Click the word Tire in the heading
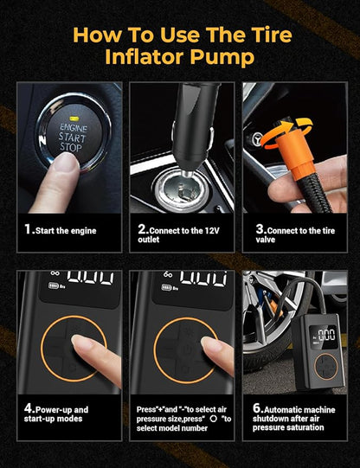click(272, 35)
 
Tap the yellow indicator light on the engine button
click(74, 119)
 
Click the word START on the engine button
click(72, 138)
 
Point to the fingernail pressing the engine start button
click(67, 162)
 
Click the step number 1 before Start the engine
click(28, 229)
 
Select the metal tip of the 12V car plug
click(188, 172)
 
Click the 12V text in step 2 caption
click(212, 231)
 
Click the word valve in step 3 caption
click(265, 240)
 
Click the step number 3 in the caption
click(260, 229)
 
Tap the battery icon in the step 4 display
click(54, 286)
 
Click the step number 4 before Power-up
click(28, 408)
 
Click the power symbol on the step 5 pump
click(186, 348)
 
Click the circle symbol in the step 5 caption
click(214, 419)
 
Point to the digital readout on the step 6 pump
click(326, 335)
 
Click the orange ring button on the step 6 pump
click(326, 367)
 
